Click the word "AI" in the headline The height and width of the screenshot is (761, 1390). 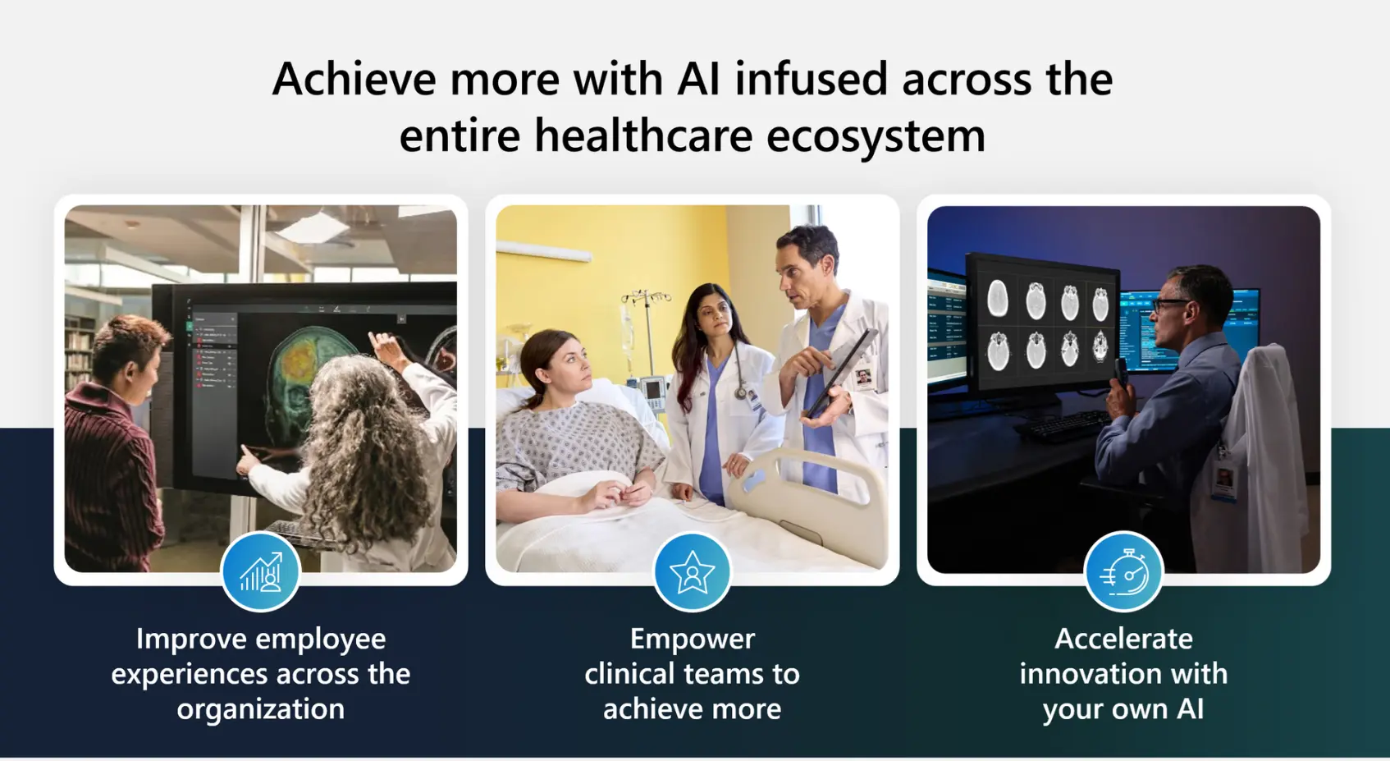698,80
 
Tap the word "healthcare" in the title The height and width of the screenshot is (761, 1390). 643,135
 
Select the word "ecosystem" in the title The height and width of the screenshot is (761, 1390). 876,135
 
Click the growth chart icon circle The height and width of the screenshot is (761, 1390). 260,571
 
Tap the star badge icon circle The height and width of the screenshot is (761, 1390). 692,571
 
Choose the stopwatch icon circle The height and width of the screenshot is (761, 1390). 1123,571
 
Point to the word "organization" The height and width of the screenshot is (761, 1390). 260,708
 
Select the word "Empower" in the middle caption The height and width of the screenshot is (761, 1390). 692,639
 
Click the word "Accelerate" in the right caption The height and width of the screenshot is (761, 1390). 1123,639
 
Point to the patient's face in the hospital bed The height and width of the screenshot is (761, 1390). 565,361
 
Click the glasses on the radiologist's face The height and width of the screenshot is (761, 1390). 1170,305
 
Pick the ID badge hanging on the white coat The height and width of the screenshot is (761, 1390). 1223,480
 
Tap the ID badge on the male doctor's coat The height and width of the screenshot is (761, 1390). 863,378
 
